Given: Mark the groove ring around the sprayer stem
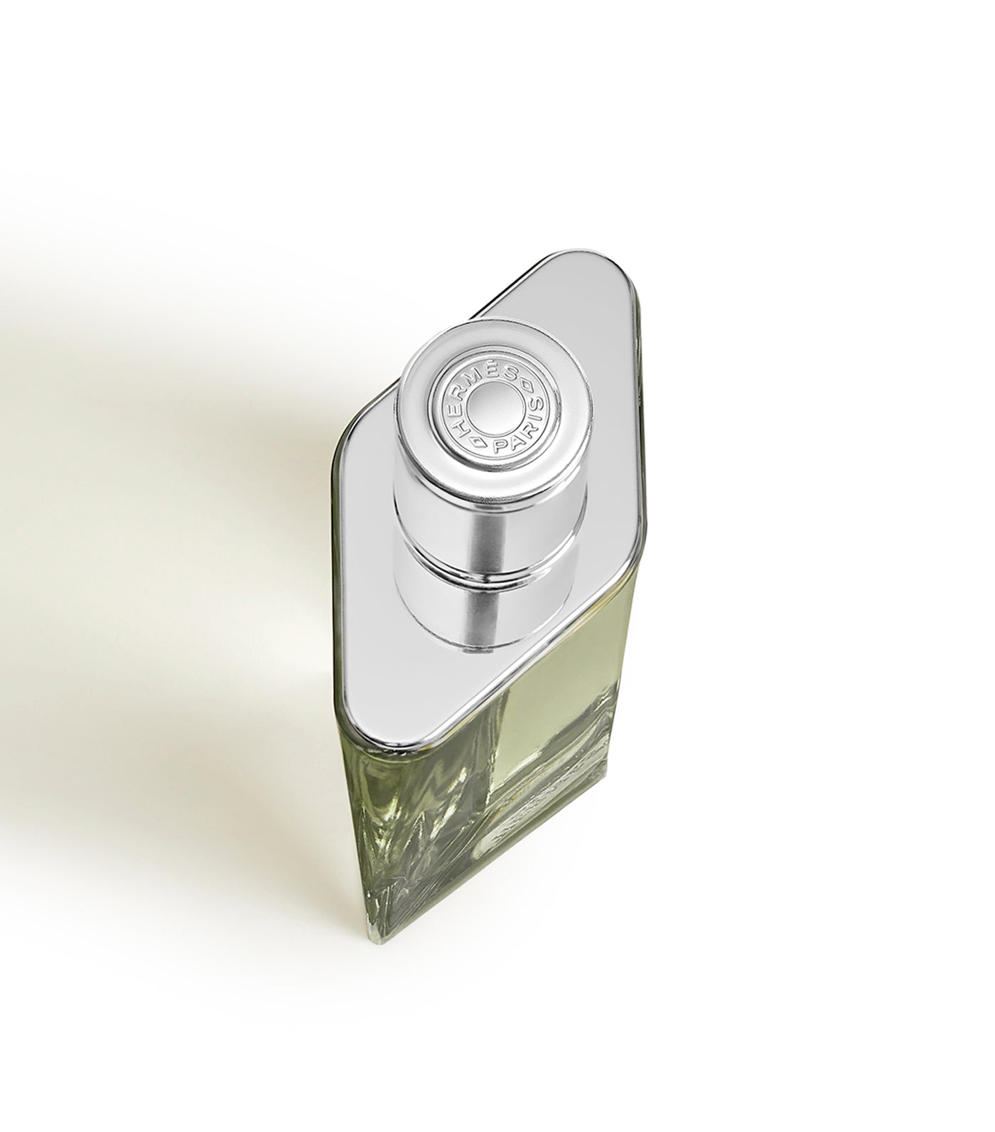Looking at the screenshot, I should [x=490, y=555].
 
